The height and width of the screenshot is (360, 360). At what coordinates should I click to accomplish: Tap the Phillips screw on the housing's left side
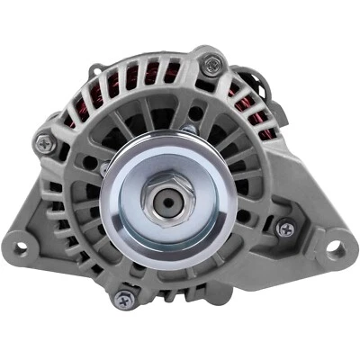pos(43,141)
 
